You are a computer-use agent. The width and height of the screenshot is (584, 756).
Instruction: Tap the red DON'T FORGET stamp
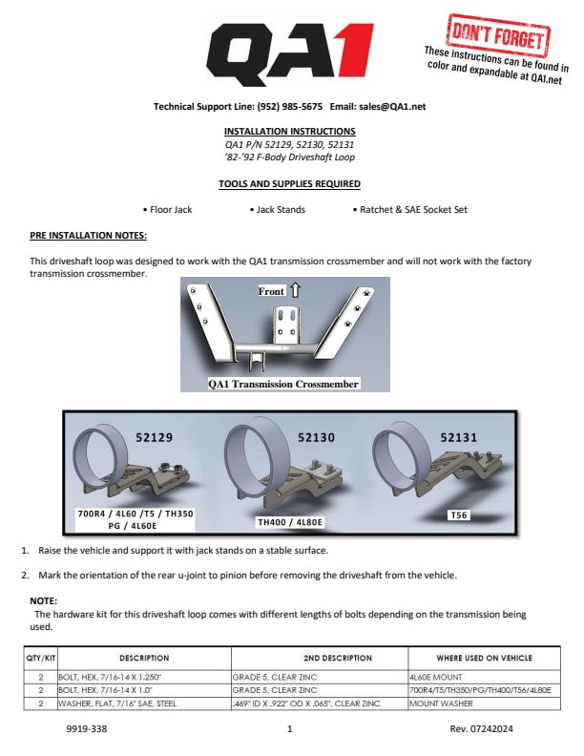click(498, 35)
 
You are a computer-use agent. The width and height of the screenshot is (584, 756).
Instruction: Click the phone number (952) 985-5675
click(289, 107)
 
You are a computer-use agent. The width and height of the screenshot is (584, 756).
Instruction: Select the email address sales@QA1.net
click(392, 107)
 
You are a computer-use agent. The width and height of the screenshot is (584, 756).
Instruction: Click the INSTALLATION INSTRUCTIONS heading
click(289, 131)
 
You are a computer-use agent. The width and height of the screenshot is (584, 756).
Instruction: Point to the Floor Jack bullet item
click(168, 210)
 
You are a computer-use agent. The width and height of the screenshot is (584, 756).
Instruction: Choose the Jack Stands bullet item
click(278, 210)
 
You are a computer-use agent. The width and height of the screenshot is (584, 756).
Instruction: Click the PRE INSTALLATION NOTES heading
click(88, 235)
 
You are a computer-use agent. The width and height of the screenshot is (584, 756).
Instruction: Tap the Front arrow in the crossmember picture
click(296, 290)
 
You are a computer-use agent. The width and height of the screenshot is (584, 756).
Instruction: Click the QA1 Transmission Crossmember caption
click(283, 384)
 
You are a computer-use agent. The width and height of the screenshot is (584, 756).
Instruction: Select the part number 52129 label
click(154, 437)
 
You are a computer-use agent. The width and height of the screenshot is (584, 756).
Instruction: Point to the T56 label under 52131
click(458, 514)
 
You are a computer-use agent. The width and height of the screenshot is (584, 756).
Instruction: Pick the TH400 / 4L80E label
click(290, 522)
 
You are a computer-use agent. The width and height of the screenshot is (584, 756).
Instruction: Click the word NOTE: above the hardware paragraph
click(43, 600)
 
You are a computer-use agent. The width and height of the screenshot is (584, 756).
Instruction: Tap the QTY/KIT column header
click(40, 658)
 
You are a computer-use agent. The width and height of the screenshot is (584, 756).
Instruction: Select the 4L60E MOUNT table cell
click(435, 677)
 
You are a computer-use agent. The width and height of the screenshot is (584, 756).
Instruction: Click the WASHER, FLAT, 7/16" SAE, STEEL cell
click(117, 703)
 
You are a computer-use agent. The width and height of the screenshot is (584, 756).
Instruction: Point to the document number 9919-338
click(87, 728)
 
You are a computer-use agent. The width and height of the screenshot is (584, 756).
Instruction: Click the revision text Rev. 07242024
click(481, 728)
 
